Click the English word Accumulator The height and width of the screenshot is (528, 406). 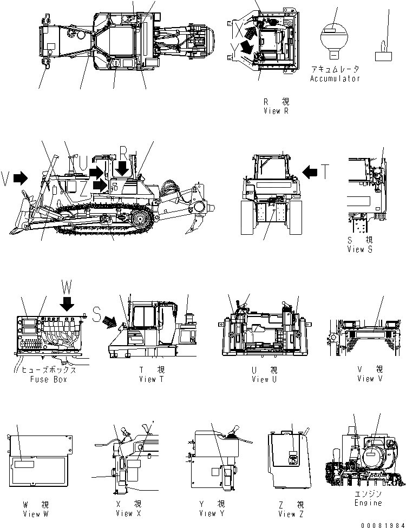tap(335, 78)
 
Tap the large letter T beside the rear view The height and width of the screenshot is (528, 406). tap(323, 172)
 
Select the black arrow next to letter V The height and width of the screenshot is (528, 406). tap(21, 178)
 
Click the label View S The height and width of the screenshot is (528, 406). tap(359, 249)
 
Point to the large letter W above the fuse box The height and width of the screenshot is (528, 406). tap(67, 287)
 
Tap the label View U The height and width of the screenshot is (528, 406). tap(264, 379)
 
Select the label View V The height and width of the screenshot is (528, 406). tap(370, 379)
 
